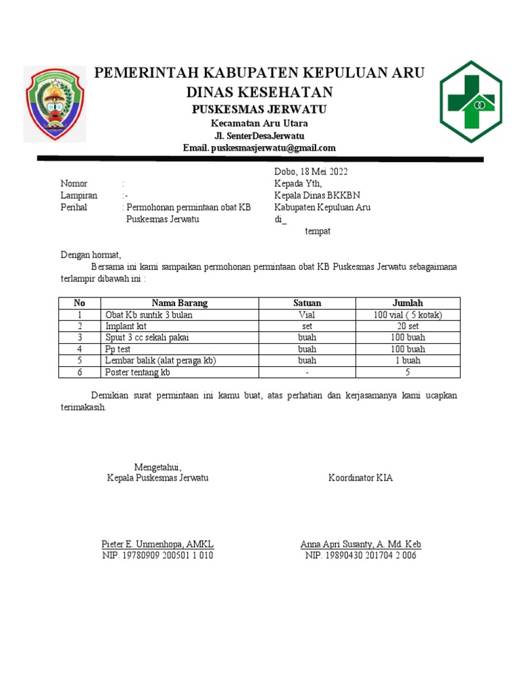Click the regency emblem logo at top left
coord(55,103)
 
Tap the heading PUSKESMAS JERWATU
coord(259,109)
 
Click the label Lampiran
coord(79,195)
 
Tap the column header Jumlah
coord(407,303)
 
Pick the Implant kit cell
coord(126,326)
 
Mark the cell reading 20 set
coord(407,326)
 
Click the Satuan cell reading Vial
coord(307,315)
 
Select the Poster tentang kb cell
coord(138,372)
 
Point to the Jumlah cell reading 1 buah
coord(407,361)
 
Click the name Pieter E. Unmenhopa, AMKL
coord(157,544)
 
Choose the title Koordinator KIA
coord(360,478)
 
